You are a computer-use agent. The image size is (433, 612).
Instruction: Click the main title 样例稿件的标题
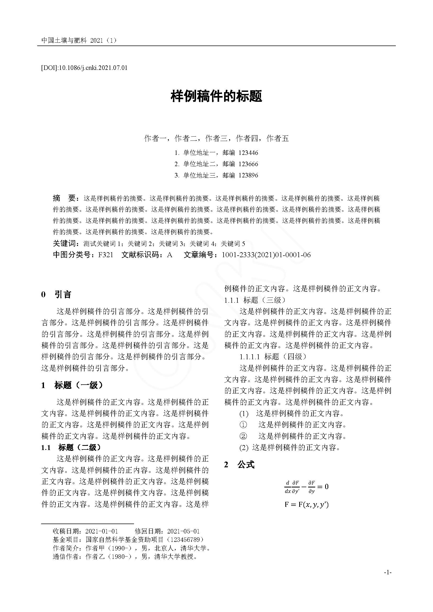(x=216, y=97)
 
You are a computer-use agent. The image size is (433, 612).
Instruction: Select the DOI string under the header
(x=84, y=68)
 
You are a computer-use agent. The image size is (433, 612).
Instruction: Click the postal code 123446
(x=248, y=153)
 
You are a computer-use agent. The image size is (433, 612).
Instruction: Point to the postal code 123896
(x=248, y=175)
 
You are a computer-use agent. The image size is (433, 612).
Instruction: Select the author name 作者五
(x=277, y=138)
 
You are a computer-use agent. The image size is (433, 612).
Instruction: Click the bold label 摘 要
(x=65, y=198)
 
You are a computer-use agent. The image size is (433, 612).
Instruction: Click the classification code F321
(x=106, y=255)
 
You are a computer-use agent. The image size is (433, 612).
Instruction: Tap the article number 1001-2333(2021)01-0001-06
(x=266, y=255)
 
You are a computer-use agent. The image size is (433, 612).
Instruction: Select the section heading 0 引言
(x=56, y=295)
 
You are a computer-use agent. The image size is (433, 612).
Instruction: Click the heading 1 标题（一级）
(x=72, y=385)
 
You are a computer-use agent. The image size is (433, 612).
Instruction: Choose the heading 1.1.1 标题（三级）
(x=255, y=300)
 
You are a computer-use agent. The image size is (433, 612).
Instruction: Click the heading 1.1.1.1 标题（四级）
(x=273, y=357)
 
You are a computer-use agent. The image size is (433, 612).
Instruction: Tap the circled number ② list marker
(x=243, y=436)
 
